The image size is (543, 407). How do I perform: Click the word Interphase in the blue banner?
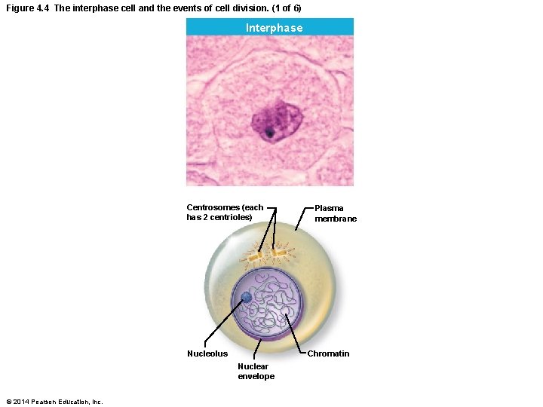click(x=274, y=28)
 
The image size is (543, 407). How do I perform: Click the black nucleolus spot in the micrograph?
click(x=269, y=134)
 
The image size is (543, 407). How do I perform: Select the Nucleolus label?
click(x=207, y=353)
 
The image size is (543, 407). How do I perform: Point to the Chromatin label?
click(x=328, y=353)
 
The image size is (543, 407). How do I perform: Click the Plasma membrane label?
click(x=336, y=213)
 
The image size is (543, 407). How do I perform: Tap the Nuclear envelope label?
click(x=256, y=371)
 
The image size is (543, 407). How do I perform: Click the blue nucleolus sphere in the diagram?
click(x=247, y=298)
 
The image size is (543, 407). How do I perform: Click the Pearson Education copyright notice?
click(x=54, y=401)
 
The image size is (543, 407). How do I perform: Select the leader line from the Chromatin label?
click(x=296, y=332)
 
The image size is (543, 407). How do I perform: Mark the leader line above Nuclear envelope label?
click(x=257, y=348)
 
